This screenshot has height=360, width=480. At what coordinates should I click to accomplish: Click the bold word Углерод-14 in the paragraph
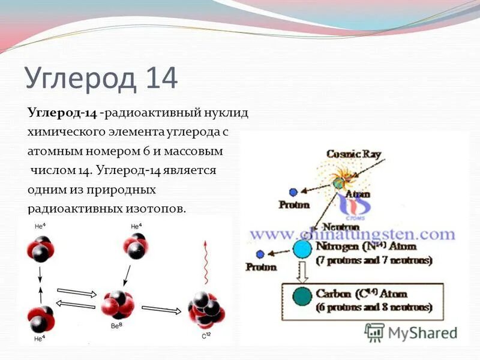(x=62, y=113)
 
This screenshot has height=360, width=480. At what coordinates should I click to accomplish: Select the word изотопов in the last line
(x=155, y=209)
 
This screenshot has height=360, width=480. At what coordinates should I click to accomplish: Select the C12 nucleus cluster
(x=207, y=310)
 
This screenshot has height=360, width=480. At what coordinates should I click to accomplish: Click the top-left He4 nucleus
(x=40, y=247)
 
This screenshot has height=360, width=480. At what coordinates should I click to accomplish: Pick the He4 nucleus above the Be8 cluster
(x=136, y=246)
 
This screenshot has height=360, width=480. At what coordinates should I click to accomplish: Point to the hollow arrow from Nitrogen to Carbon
(x=303, y=272)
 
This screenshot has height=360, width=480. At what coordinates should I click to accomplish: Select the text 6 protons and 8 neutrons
(x=374, y=307)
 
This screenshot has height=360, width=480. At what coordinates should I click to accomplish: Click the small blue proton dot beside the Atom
(x=293, y=193)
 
